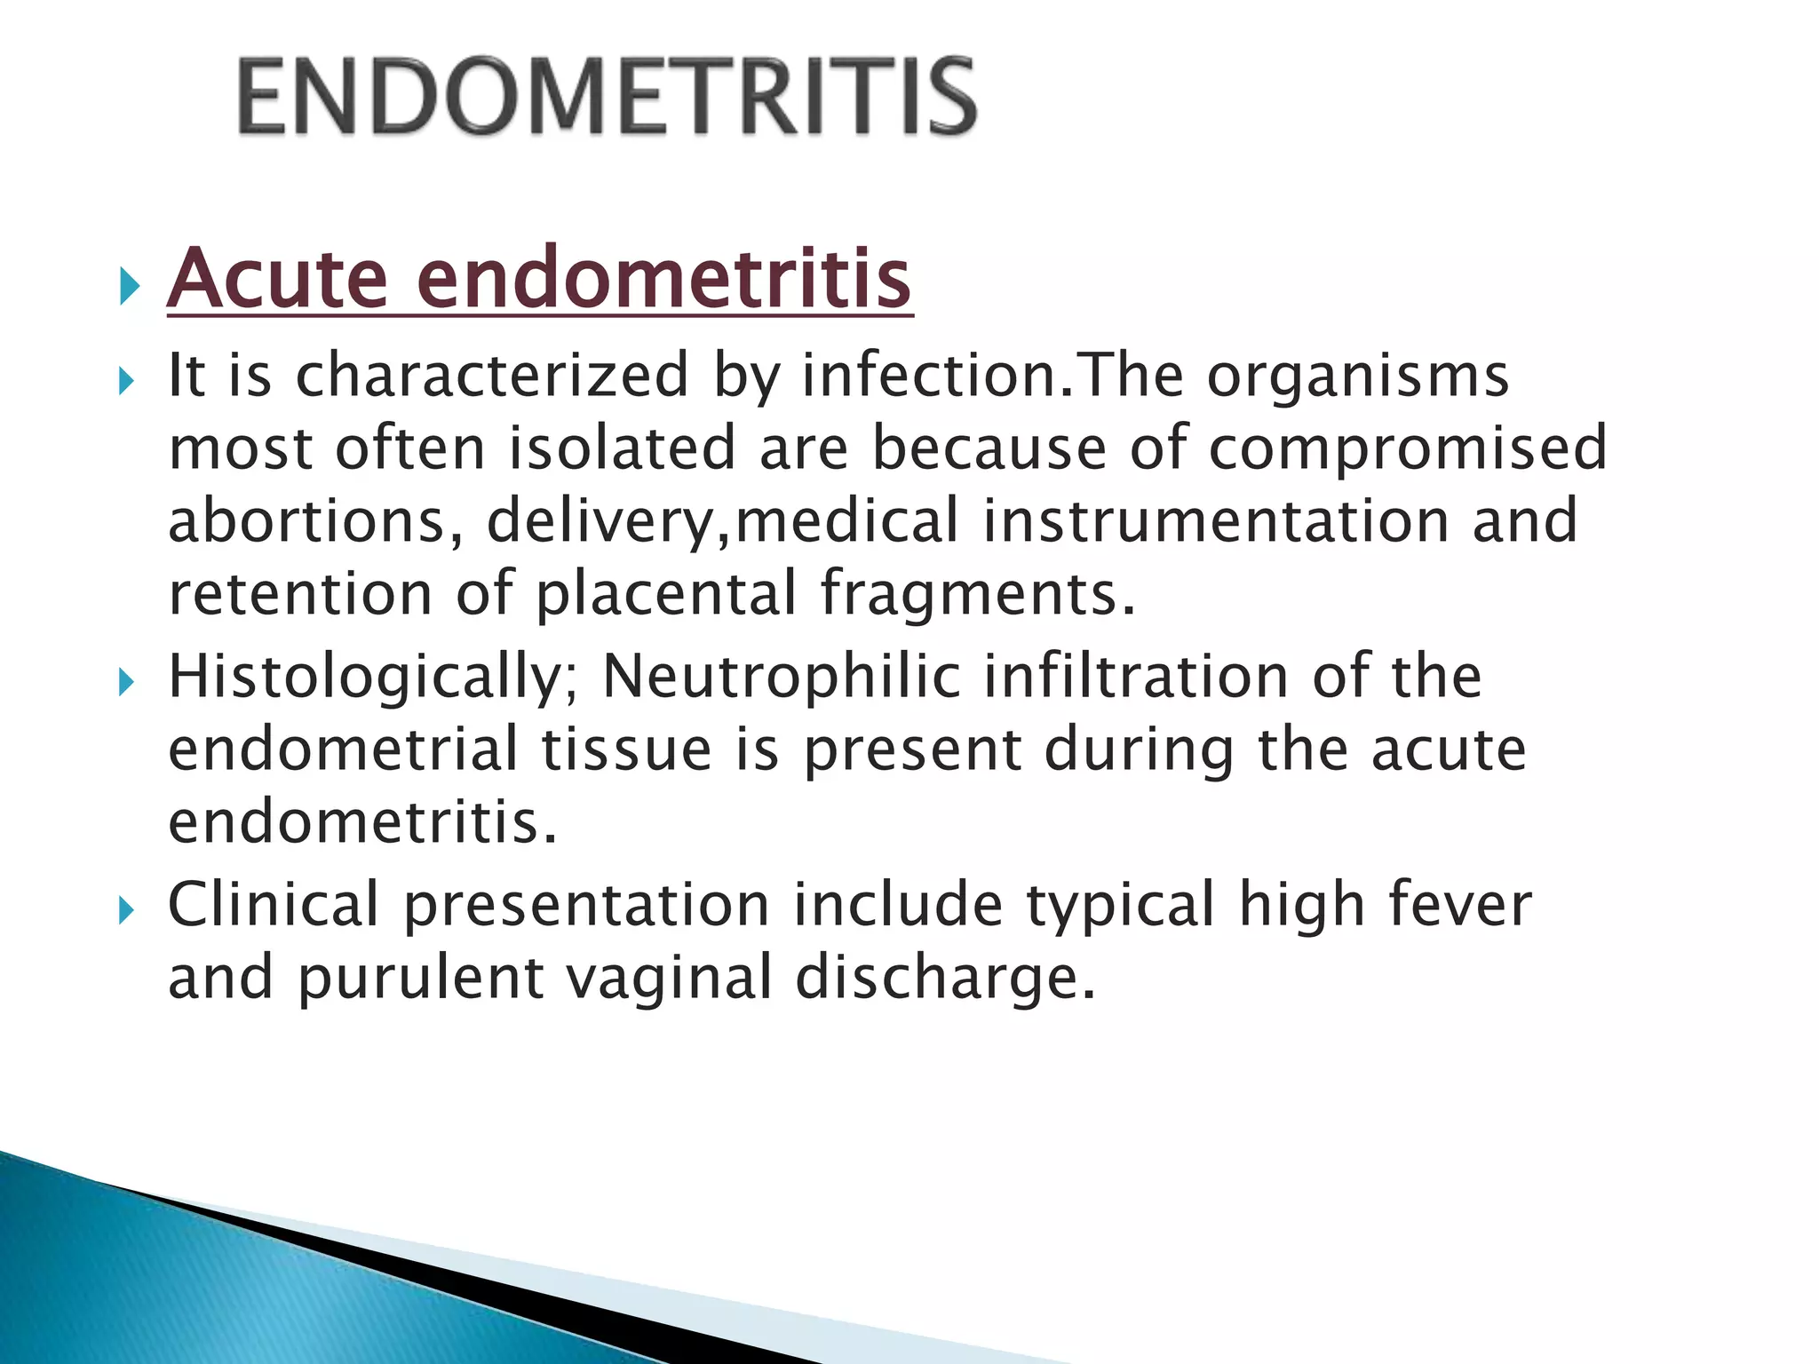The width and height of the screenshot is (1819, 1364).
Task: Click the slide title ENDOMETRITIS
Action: tap(608, 96)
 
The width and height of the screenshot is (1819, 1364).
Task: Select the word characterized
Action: tap(492, 375)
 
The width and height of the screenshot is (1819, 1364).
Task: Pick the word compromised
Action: tap(1408, 449)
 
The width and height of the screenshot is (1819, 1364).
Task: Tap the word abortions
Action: tap(314, 520)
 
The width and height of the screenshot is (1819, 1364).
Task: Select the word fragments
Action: tap(977, 595)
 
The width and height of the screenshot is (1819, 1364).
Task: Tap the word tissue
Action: tap(627, 749)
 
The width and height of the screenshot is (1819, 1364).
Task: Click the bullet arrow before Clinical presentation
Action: tap(129, 910)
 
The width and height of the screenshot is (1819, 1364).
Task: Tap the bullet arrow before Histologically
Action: tap(129, 683)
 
